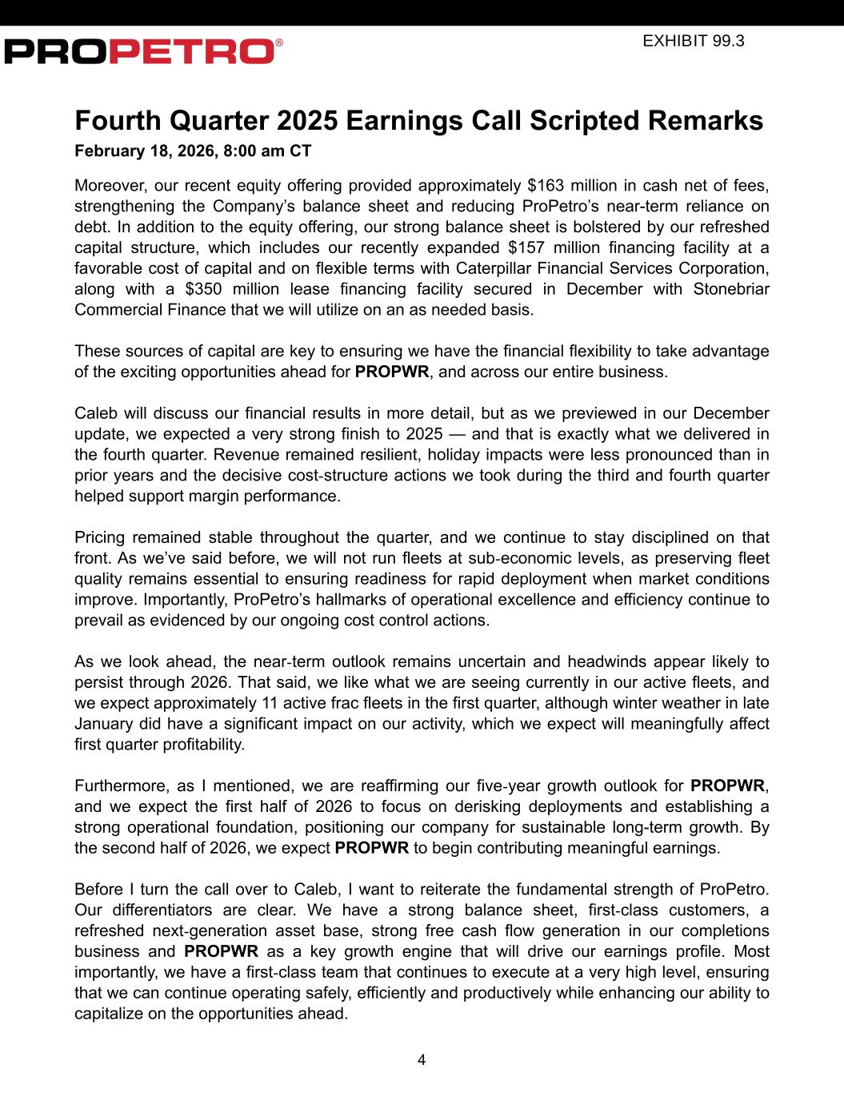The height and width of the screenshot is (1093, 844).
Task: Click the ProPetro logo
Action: click(x=140, y=51)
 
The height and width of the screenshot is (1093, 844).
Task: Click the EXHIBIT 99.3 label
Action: click(x=693, y=41)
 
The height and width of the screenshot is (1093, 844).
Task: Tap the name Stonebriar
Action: click(x=731, y=289)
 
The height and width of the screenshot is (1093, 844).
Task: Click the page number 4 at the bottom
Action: click(x=422, y=1060)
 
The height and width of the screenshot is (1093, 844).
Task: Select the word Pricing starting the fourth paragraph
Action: click(x=101, y=537)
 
